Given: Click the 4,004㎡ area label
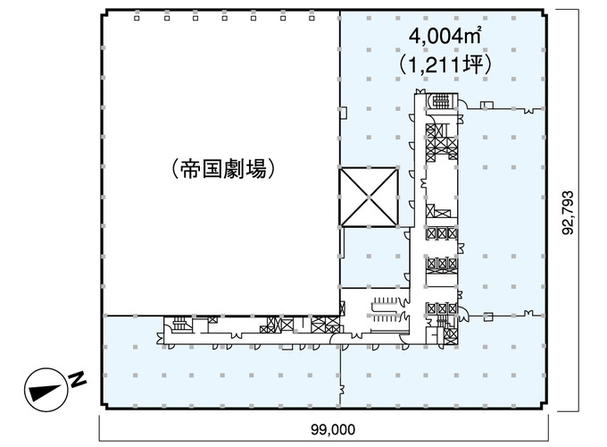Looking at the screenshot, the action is coord(445,36).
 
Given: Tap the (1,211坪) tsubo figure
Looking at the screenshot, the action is coord(445,64).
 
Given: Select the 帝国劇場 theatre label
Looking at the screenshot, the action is coord(224,169).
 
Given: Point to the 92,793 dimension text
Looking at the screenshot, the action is coord(568,213).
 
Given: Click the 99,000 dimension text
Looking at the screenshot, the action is coord(333,429).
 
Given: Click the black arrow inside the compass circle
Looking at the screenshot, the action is coord(46,392).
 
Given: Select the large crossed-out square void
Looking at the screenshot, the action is coord(369,197).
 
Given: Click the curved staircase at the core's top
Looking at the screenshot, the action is coord(441,102).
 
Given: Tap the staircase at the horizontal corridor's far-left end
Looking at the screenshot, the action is coord(179,325).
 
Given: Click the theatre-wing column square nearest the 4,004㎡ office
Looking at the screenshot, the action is coord(312,18).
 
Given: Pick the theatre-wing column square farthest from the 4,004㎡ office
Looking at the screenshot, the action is coord(137,18).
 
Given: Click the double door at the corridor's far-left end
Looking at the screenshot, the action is coord(160,337).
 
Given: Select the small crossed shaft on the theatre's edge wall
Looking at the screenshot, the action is coord(342,308).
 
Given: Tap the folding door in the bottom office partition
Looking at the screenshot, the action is coord(342,389).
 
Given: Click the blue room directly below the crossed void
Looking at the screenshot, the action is coord(374,257).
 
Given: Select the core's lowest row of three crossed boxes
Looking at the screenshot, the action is coord(442,309).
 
